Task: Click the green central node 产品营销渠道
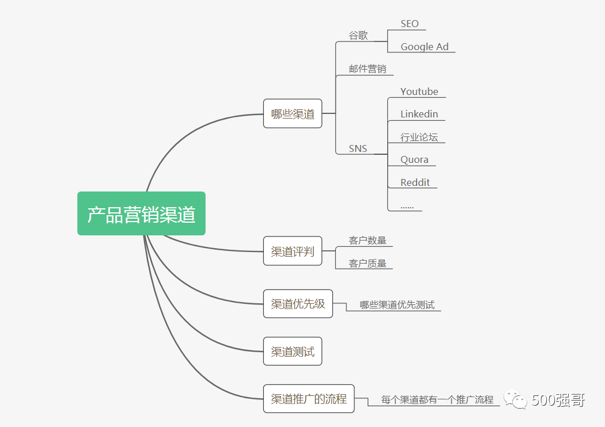pyautogui.click(x=141, y=213)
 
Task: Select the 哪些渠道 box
pyautogui.click(x=293, y=113)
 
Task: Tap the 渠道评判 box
pyautogui.click(x=293, y=251)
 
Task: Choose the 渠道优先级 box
pyautogui.click(x=298, y=304)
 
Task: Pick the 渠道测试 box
pyautogui.click(x=293, y=351)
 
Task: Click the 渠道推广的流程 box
pyautogui.click(x=309, y=398)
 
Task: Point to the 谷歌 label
pyautogui.click(x=358, y=35)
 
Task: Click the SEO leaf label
pyautogui.click(x=410, y=24)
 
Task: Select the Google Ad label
pyautogui.click(x=425, y=47)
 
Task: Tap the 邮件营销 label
pyautogui.click(x=367, y=69)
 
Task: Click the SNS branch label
pyautogui.click(x=358, y=148)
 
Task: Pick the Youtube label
pyautogui.click(x=419, y=91)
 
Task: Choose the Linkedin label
pyautogui.click(x=419, y=114)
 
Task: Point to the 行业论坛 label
pyautogui.click(x=419, y=137)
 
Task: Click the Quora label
pyautogui.click(x=414, y=159)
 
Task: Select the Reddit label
pyautogui.click(x=415, y=182)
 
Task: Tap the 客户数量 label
pyautogui.click(x=368, y=241)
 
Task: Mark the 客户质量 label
pyautogui.click(x=368, y=264)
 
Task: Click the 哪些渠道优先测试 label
pyautogui.click(x=397, y=305)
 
